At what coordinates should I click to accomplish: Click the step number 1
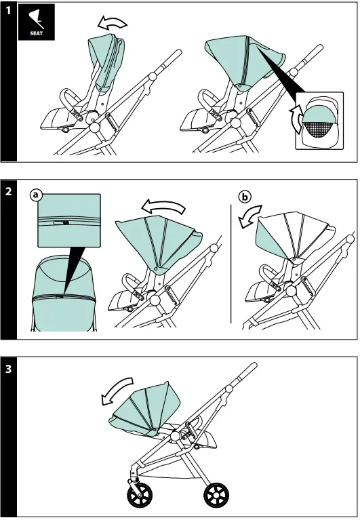coord(8,11)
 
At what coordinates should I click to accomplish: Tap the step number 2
coord(8,191)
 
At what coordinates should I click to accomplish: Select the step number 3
coord(8,368)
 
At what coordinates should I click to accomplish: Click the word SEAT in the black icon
coord(36,33)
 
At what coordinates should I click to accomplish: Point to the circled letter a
coord(36,195)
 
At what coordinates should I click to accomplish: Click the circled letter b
coord(245,197)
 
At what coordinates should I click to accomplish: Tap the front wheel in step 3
coord(140,496)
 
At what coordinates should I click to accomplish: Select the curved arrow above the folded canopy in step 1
coord(112,22)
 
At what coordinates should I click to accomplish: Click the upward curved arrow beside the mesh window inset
coord(296,119)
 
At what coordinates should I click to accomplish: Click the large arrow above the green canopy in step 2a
coord(163,207)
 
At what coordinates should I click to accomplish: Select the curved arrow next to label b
coord(250,217)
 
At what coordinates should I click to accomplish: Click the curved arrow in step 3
coord(117,391)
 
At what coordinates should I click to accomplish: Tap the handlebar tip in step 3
coord(254,365)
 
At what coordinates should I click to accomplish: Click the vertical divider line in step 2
coord(231,264)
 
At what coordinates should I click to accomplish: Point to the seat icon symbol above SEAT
coord(36,19)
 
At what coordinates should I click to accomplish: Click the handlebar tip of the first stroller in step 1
coord(178,53)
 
